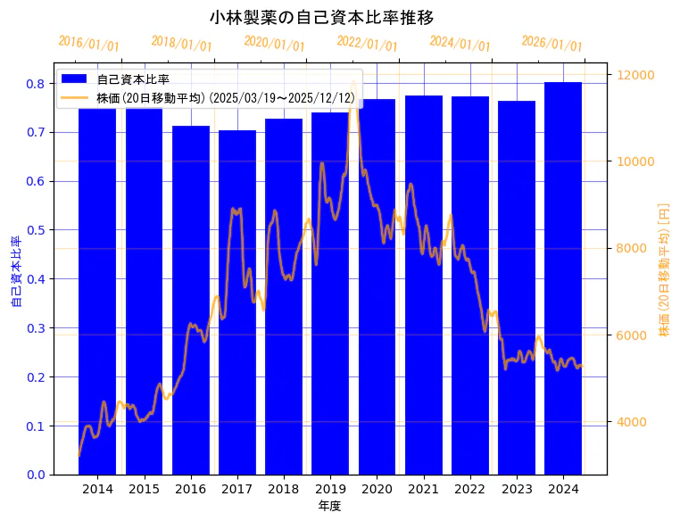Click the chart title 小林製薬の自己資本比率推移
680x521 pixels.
pyautogui.click(x=321, y=17)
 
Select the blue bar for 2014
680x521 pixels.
pyautogui.click(x=97, y=294)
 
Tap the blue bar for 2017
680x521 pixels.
pyautogui.click(x=237, y=303)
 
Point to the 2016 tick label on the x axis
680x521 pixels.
pyautogui.click(x=191, y=489)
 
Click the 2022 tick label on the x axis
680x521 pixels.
pyautogui.click(x=469, y=489)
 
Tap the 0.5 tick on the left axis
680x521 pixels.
pyautogui.click(x=37, y=230)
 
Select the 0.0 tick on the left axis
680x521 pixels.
pyautogui.click(x=37, y=475)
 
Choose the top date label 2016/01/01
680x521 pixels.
pyautogui.click(x=88, y=44)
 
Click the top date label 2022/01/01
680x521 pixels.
pyautogui.click(x=367, y=44)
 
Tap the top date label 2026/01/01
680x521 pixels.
pyautogui.click(x=551, y=44)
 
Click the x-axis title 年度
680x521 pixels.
pyautogui.click(x=330, y=506)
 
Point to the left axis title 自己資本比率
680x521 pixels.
pyautogui.click(x=16, y=272)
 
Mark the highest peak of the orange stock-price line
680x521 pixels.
pyautogui.click(x=353, y=82)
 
